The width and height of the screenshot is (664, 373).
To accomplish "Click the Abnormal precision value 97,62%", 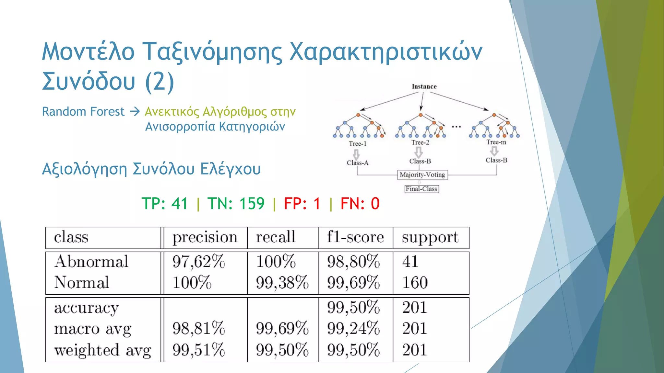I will (198, 262).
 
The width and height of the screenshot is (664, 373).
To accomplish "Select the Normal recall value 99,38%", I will (282, 283).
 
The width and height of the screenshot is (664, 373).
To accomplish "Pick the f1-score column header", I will (355, 237).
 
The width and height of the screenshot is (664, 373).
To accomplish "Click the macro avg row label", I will (93, 329).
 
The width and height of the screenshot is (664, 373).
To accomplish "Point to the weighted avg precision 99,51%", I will (198, 350).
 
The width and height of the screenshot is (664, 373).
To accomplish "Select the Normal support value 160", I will (415, 283).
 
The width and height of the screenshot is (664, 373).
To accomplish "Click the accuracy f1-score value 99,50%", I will (353, 307).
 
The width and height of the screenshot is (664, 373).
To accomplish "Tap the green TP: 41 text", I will (165, 204).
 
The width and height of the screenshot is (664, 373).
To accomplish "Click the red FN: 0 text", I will (360, 204).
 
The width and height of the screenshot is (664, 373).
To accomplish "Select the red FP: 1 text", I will (302, 204).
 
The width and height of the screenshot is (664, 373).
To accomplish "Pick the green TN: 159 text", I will (236, 204).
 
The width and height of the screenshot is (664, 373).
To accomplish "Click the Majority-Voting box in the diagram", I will (422, 175).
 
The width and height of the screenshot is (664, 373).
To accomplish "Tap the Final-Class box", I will (421, 189).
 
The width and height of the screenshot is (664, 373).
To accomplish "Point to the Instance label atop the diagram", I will (424, 86).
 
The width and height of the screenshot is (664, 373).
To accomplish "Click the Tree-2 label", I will (420, 142).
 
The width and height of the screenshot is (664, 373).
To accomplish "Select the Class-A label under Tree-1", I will (358, 163).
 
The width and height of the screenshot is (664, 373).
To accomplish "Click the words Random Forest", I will (83, 112).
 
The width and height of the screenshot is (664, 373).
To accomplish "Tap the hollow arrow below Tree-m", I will (494, 151).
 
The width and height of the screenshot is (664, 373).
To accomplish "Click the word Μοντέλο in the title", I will (88, 52).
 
